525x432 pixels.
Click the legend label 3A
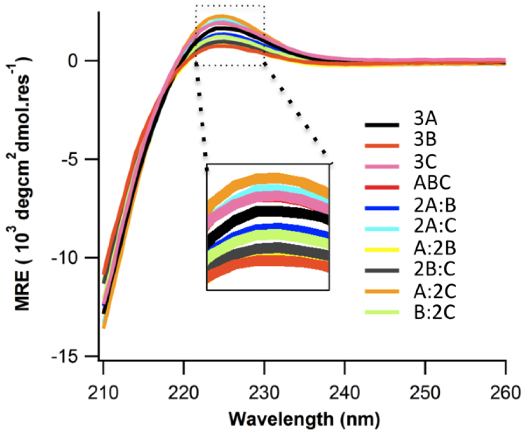point(425,119)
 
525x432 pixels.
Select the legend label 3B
point(425,139)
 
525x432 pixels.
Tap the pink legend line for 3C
point(382,166)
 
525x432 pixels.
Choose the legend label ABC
point(432,182)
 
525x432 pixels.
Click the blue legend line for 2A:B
point(382,208)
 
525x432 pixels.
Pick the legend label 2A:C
point(435,225)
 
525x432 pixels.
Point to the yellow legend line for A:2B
point(382,250)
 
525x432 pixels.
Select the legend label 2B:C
point(435,269)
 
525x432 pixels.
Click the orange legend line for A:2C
point(382,291)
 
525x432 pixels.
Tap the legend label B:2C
point(435,312)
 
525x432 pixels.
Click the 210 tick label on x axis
point(103,393)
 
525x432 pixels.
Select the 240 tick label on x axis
point(344,393)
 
